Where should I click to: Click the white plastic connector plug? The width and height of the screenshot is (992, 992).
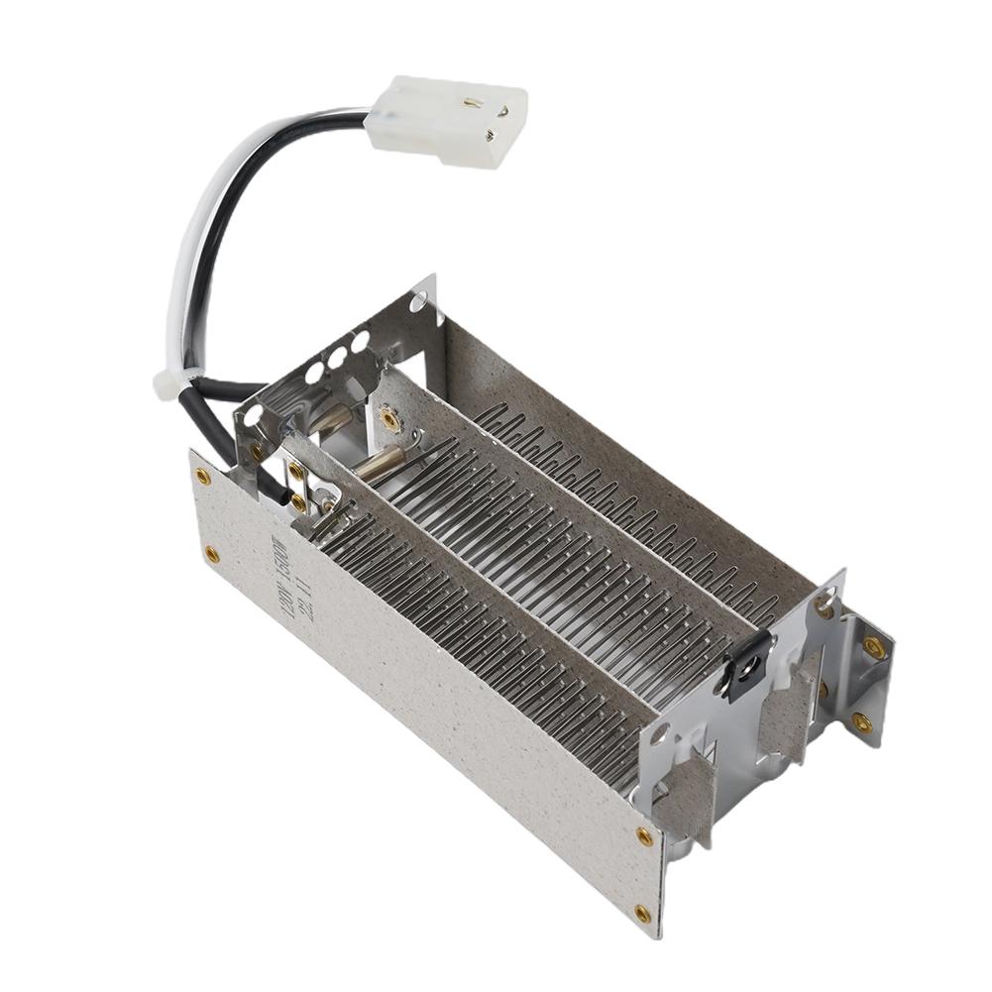pyautogui.click(x=446, y=120)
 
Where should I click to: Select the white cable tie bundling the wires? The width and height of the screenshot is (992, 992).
pyautogui.click(x=166, y=383)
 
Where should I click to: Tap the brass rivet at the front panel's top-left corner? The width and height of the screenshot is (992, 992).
pyautogui.click(x=203, y=476)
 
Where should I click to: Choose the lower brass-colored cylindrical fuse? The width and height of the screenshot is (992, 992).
pyautogui.click(x=382, y=460)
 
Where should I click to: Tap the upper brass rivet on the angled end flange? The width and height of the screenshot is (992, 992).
pyautogui.click(x=874, y=648)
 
